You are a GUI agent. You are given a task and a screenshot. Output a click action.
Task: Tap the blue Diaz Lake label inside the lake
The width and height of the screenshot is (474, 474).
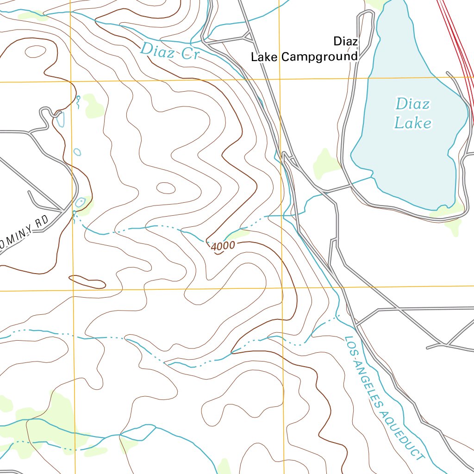point(412,113)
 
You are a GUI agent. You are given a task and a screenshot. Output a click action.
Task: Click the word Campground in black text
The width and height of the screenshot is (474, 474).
point(319,57)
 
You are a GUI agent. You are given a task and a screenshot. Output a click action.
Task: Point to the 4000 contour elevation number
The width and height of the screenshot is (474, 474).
point(223,246)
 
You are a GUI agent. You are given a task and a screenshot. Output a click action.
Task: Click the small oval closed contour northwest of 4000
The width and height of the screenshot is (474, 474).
point(166,188)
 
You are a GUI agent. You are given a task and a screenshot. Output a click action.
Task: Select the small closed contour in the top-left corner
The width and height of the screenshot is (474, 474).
point(35,51)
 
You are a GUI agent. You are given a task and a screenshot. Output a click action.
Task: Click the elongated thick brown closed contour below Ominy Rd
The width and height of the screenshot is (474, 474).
point(87,281)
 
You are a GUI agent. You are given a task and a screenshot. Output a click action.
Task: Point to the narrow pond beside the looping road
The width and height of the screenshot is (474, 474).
point(61,119)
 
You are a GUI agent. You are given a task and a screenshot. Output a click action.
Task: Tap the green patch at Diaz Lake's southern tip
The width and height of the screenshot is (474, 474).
point(447,218)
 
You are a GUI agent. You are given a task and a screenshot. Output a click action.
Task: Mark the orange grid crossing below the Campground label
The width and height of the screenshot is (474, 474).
point(280,79)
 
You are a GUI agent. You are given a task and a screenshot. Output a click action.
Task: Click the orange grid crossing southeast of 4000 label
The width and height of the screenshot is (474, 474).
point(282,288)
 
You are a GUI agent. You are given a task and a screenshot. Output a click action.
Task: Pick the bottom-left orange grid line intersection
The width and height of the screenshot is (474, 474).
point(74,291)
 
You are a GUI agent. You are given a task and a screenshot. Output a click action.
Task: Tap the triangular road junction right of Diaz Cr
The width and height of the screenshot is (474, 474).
point(248,37)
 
